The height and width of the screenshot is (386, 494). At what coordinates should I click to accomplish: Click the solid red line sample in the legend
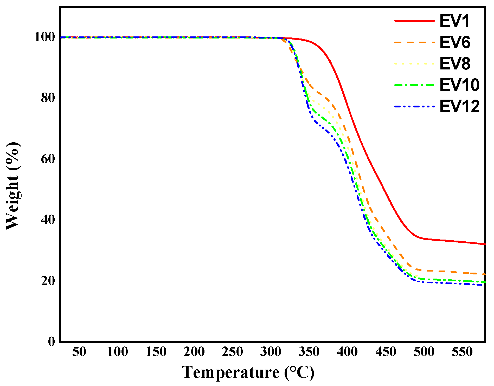click(415, 21)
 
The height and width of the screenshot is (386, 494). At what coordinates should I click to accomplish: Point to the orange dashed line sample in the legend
click(415, 42)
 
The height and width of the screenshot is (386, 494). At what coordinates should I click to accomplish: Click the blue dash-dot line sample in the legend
click(415, 106)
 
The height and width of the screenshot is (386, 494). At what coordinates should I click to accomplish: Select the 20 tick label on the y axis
click(48, 281)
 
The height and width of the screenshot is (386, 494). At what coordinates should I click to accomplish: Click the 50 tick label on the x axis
click(79, 352)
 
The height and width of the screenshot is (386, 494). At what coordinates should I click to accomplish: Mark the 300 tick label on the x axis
click(271, 352)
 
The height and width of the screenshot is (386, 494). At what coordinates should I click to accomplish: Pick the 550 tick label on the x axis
click(462, 352)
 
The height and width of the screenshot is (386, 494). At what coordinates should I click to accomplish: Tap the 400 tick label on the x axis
click(347, 352)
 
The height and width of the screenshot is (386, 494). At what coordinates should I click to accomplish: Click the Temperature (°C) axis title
click(248, 372)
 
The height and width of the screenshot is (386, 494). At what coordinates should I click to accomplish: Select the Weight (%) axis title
click(12, 186)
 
